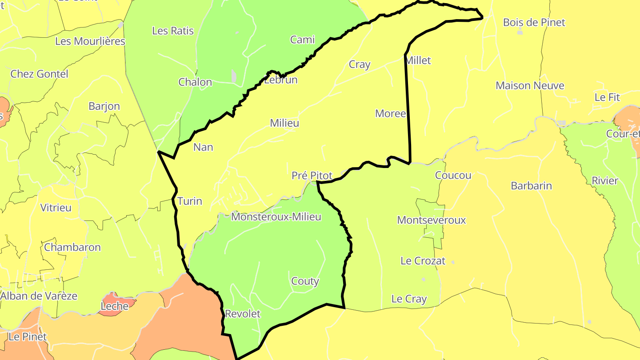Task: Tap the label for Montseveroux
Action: pyautogui.click(x=431, y=220)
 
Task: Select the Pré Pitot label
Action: pyautogui.click(x=312, y=176)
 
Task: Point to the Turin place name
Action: pyautogui.click(x=190, y=201)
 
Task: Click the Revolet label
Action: pyautogui.click(x=243, y=314)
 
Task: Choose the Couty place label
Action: pyautogui.click(x=305, y=281)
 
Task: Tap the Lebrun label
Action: pyautogui.click(x=280, y=80)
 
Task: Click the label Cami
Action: pyautogui.click(x=302, y=40)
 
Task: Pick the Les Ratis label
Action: pyautogui.click(x=173, y=31)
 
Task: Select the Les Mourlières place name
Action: pyautogui.click(x=90, y=41)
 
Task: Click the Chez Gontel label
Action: pyautogui.click(x=39, y=74)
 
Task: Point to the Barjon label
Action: pyautogui.click(x=104, y=106)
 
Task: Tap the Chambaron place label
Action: pyautogui.click(x=72, y=247)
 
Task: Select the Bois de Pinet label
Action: pyautogui.click(x=534, y=22)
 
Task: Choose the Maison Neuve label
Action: pyautogui.click(x=530, y=85)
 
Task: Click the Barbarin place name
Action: pyautogui.click(x=531, y=186)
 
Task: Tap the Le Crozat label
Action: pyautogui.click(x=423, y=261)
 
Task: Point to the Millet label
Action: pyautogui.click(x=419, y=60)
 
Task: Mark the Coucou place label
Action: pyautogui.click(x=453, y=175)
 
